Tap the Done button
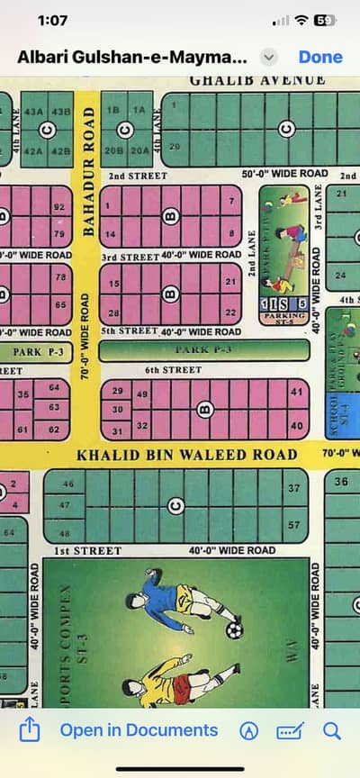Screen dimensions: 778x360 (x=320, y=57)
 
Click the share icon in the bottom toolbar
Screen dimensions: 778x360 (x=29, y=730)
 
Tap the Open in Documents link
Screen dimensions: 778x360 (x=139, y=730)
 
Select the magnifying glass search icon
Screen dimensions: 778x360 (x=332, y=730)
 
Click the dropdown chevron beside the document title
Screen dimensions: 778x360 (x=267, y=57)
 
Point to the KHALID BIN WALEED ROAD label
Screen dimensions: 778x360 (x=186, y=455)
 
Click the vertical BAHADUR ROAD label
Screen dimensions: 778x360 (x=88, y=171)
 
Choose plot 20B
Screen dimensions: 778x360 (x=114, y=150)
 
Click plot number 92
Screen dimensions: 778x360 (x=60, y=207)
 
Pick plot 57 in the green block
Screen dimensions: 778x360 (x=293, y=524)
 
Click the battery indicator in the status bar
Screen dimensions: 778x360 (x=325, y=20)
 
